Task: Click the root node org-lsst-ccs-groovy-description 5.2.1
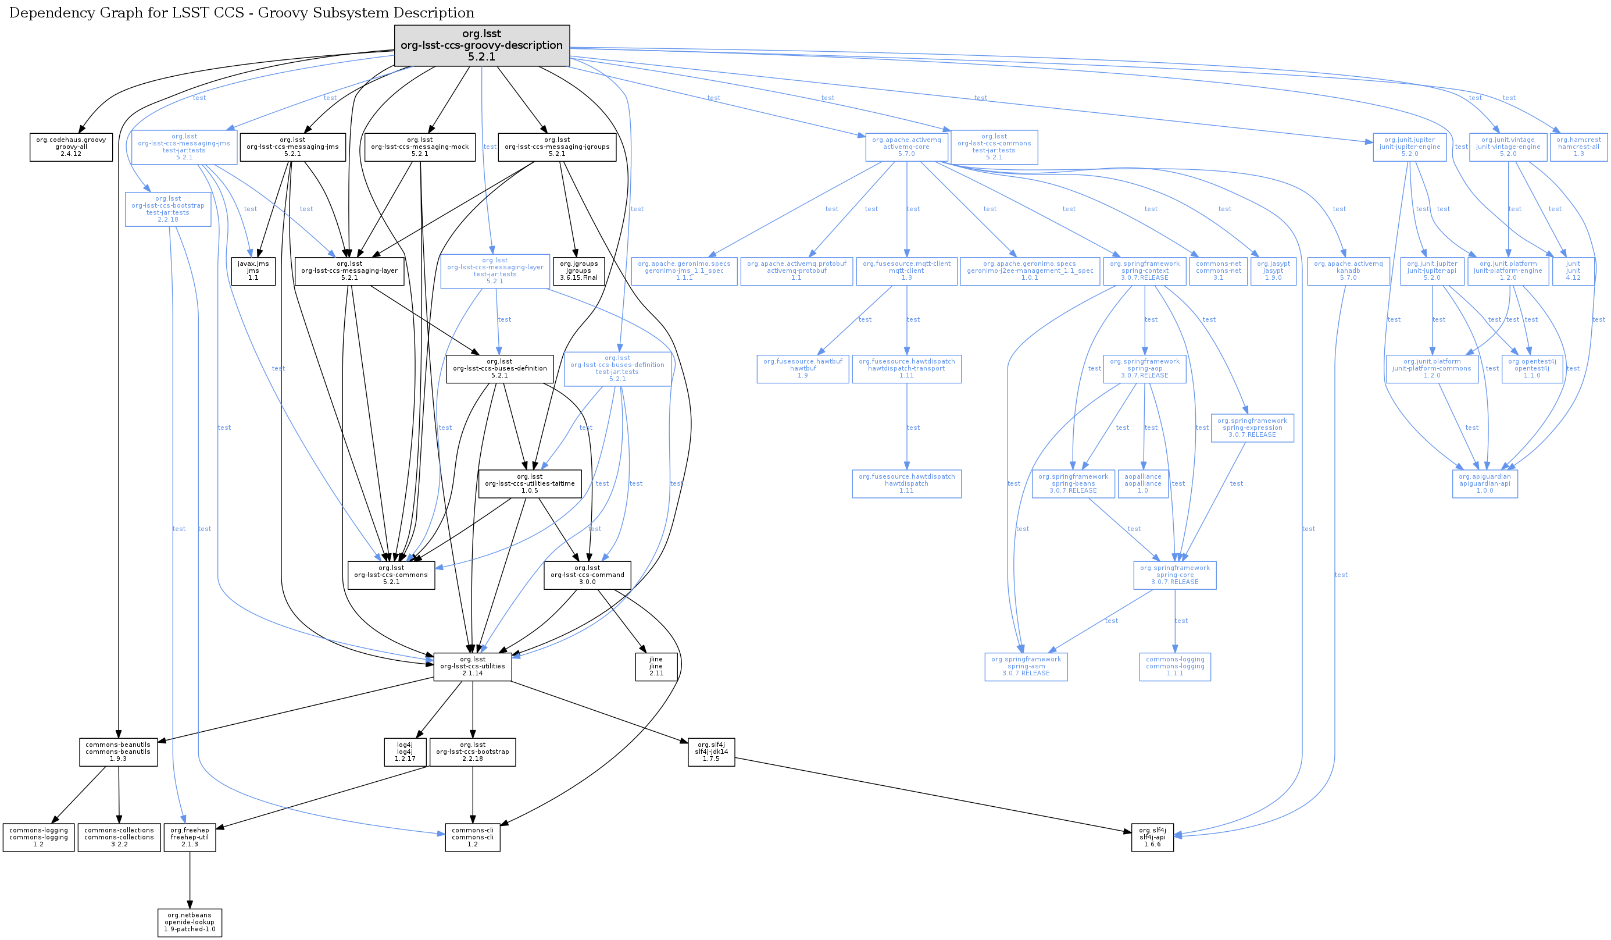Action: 481,45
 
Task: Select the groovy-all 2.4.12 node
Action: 71,147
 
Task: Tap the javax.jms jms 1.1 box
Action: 253,271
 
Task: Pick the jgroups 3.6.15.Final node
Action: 578,271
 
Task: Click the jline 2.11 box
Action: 656,666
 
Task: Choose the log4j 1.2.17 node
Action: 405,752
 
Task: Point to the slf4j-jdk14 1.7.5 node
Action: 711,752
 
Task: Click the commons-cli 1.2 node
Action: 473,838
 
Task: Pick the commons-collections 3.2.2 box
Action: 119,838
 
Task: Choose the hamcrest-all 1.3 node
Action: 1578,147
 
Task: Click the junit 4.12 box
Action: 1573,271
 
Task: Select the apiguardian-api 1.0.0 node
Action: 1484,484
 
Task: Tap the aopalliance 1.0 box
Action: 1142,484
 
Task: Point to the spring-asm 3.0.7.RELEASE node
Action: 1026,666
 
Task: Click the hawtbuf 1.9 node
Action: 802,369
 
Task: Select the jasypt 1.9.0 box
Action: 1273,271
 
